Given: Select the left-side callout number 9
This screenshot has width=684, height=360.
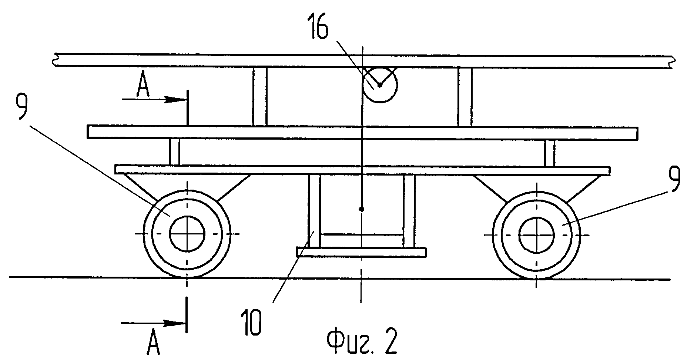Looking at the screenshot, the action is click(x=22, y=106).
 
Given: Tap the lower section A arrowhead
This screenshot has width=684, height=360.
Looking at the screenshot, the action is click(x=174, y=323).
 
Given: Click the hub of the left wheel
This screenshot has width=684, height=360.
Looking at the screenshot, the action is click(x=187, y=234).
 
